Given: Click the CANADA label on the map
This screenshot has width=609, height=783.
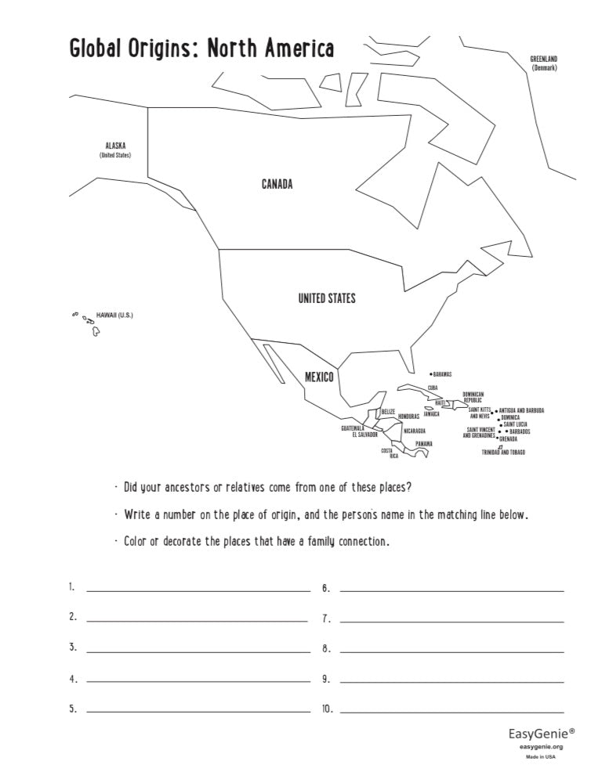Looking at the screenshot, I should coord(277,185).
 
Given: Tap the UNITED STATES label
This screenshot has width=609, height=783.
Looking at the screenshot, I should coord(327,298).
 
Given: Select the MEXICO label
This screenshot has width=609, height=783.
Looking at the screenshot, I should coord(319,377).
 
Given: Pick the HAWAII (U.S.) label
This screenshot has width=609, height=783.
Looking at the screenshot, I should coord(114,316).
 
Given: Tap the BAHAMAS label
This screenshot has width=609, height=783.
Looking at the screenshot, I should coord(442,374).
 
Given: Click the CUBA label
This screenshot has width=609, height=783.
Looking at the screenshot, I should coord(432,387).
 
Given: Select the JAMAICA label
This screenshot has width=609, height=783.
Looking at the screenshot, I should coord(431,414).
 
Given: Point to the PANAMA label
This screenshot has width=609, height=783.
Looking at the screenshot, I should coord(423,444).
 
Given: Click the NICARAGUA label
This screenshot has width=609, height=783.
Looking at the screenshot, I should coord(415,431).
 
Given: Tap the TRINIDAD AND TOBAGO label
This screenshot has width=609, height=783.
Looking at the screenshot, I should coord(503,453).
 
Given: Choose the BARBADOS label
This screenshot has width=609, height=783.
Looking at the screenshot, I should coord(519,431).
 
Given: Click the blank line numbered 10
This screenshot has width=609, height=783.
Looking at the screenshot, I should coord(451,712).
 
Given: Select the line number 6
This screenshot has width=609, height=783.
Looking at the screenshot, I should coord(325,587).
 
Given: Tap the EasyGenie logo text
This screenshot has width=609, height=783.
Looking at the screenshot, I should coord(542,734).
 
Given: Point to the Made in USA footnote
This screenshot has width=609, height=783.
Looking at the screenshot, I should coord(541,757).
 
